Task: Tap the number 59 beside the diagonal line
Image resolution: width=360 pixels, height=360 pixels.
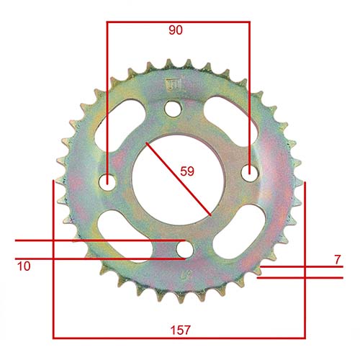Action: click(x=186, y=171)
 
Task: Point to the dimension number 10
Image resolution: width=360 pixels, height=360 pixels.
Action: click(x=24, y=266)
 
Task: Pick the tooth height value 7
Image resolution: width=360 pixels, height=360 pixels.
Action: click(x=336, y=258)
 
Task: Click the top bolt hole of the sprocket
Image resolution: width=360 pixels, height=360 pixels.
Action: click(x=173, y=107)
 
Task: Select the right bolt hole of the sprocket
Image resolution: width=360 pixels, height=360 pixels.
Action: click(x=249, y=172)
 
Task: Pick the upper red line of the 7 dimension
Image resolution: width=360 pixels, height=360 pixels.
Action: click(x=302, y=266)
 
